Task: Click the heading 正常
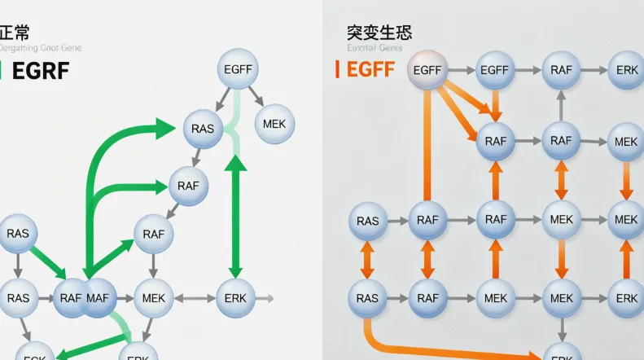pyautogui.click(x=15, y=33)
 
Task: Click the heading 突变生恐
pyautogui.click(x=379, y=33)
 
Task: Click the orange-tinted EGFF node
pyautogui.click(x=427, y=70)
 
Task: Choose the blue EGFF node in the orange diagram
pyautogui.click(x=494, y=70)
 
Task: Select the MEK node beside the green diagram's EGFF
pyautogui.click(x=275, y=124)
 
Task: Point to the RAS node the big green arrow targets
pyautogui.click(x=203, y=129)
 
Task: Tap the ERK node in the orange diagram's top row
pyautogui.click(x=627, y=70)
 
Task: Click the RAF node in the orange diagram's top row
pyautogui.click(x=561, y=70)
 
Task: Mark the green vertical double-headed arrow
pyautogui.click(x=235, y=216)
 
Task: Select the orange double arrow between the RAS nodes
pyautogui.click(x=367, y=259)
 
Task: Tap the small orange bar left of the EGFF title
pyautogui.click(x=337, y=70)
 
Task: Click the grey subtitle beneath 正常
pyautogui.click(x=41, y=49)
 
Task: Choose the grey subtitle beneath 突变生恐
pyautogui.click(x=375, y=49)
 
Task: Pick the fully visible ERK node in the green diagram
pyautogui.click(x=235, y=298)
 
